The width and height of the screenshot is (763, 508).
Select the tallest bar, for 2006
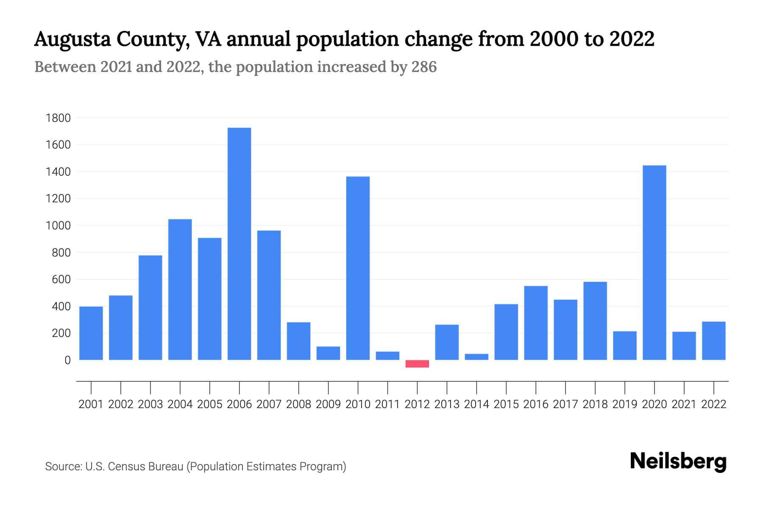[239, 244]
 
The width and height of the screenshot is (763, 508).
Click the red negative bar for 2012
[417, 364]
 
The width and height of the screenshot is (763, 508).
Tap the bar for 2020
[654, 262]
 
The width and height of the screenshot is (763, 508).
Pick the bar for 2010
[358, 268]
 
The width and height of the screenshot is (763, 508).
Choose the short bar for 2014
[476, 357]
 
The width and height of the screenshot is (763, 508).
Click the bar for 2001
[91, 333]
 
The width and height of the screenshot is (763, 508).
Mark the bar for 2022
[713, 341]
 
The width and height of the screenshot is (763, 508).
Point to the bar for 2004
[180, 290]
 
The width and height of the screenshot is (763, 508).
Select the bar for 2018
[595, 321]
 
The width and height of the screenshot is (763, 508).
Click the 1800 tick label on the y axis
[58, 118]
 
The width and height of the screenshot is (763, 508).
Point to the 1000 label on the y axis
[58, 226]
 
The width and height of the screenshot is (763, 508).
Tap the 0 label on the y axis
[67, 360]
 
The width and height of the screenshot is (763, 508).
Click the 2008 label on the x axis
[298, 404]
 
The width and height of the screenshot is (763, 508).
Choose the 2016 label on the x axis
[536, 404]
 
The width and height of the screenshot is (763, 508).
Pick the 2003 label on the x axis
[150, 404]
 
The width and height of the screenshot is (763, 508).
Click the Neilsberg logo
[678, 461]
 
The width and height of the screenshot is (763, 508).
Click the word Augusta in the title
[72, 39]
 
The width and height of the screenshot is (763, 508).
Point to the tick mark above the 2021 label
[684, 387]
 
